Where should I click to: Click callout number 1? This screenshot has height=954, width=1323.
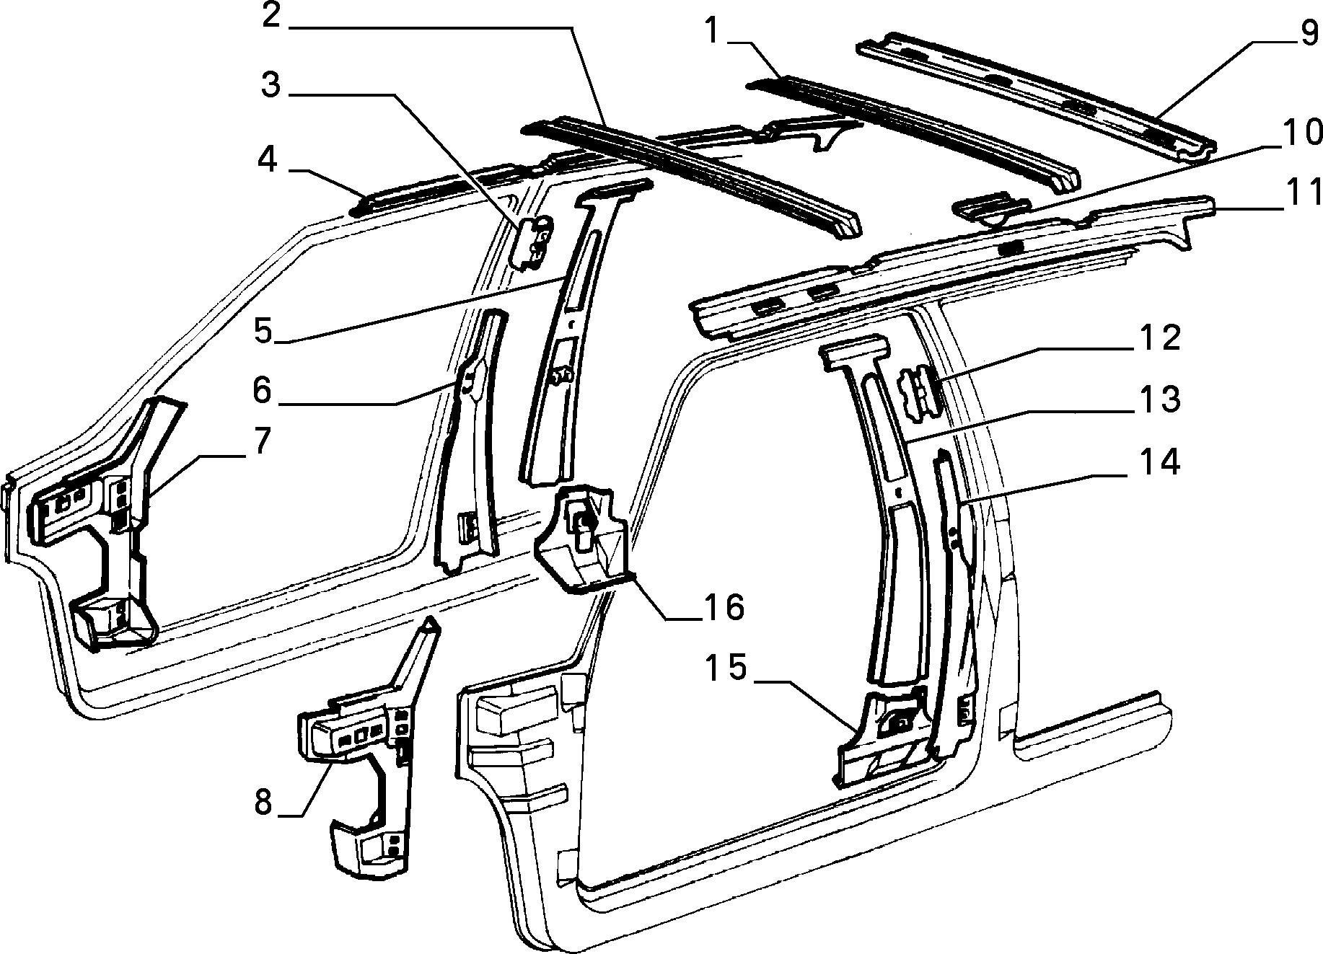pyautogui.click(x=713, y=32)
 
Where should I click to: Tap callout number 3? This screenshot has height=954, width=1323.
pyautogui.click(x=271, y=86)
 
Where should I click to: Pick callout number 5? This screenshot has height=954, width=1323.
pyautogui.click(x=265, y=330)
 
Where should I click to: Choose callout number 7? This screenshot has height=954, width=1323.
pyautogui.click(x=260, y=441)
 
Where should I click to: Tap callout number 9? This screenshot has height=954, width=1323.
pyautogui.click(x=1309, y=32)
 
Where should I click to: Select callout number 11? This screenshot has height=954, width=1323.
pyautogui.click(x=1303, y=195)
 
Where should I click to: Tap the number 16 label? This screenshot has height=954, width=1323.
pyautogui.click(x=722, y=607)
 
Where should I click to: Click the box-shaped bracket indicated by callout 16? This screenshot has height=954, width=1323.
pyautogui.click(x=584, y=537)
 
